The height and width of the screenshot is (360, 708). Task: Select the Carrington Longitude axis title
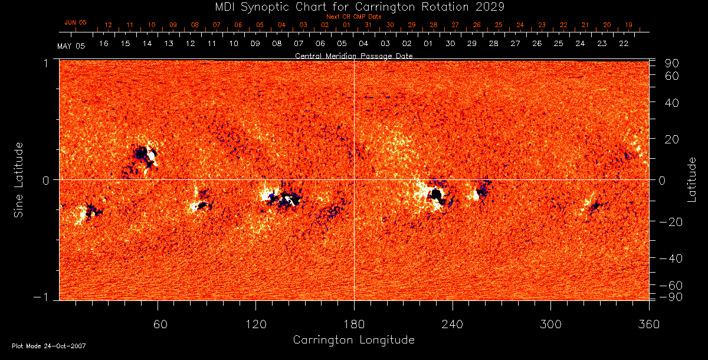353,340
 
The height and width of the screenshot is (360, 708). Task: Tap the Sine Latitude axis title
19,179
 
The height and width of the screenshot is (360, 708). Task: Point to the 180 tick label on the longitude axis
354,325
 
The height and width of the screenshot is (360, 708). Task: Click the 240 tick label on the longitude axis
452,325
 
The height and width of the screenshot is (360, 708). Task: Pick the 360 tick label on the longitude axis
648,325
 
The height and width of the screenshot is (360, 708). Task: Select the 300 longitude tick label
550,325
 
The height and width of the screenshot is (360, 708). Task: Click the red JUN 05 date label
75,22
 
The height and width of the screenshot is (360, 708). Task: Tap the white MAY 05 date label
71,45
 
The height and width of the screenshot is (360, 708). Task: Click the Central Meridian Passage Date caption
353,55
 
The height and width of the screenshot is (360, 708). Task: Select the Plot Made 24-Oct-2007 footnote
49,346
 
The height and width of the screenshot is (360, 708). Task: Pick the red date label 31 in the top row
368,25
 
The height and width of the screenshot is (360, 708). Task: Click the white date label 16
103,44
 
